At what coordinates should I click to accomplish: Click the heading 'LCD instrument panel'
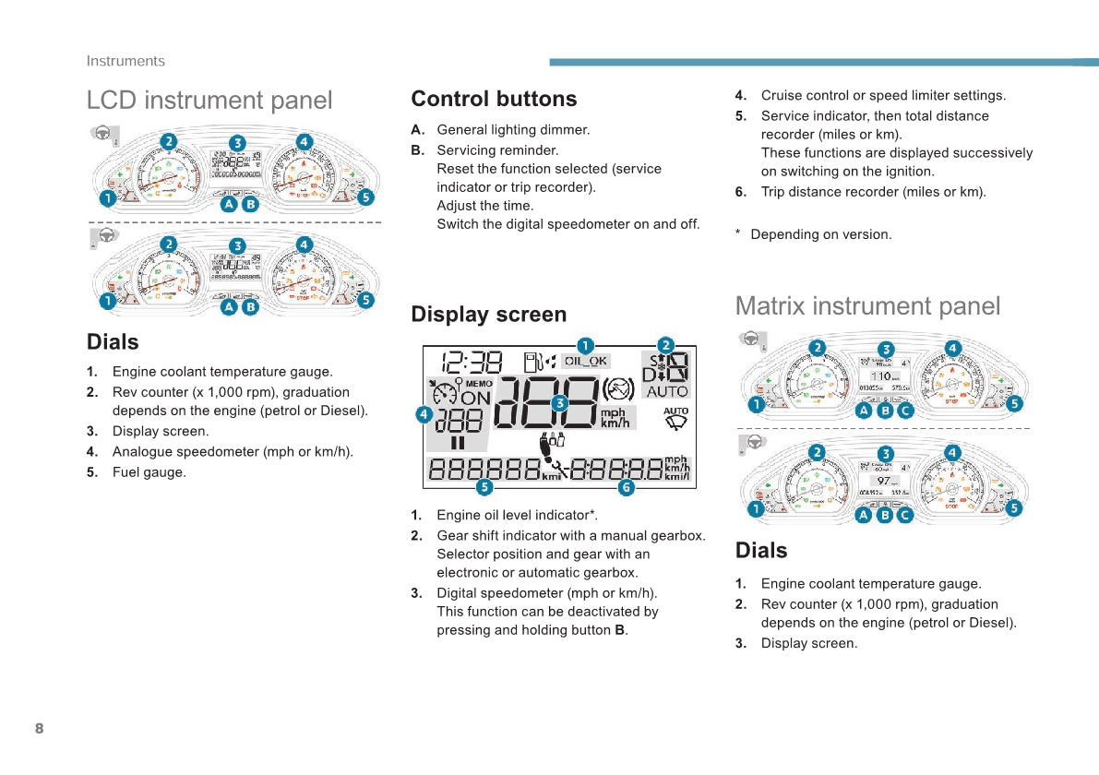209,100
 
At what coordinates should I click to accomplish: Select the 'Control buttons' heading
494,99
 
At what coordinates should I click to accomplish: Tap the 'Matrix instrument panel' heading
867,305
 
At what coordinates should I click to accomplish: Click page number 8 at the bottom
39,729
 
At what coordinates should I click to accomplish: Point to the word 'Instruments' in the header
125,61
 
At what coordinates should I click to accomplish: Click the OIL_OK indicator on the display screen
586,362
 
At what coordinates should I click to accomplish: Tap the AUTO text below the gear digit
667,391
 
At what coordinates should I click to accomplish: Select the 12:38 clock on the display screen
472,363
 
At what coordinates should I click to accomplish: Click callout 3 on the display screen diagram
559,402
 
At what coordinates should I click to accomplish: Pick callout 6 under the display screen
626,487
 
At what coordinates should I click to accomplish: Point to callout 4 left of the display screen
424,415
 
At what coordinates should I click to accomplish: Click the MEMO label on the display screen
479,383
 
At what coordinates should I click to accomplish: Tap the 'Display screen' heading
489,315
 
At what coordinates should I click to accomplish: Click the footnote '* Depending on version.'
814,234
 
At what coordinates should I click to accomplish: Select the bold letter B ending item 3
620,630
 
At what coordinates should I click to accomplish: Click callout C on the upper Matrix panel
905,411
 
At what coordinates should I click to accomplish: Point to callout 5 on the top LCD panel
365,197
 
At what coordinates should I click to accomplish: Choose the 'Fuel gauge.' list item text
149,472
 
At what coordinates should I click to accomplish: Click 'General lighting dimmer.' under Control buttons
513,130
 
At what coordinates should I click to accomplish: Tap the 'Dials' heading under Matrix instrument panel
761,551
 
